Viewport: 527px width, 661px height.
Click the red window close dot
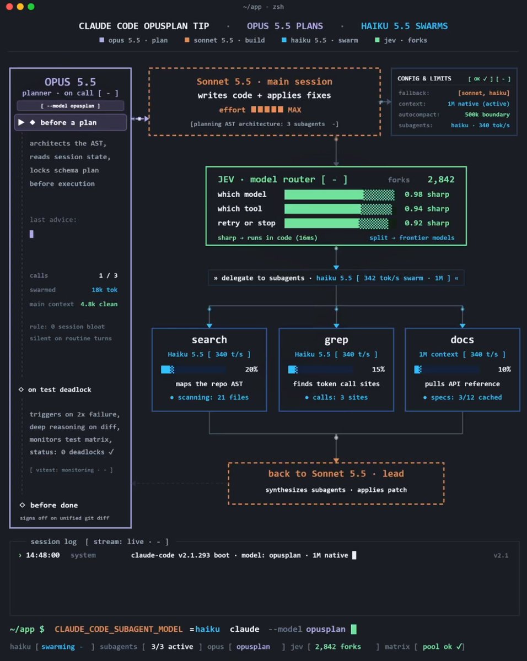9,7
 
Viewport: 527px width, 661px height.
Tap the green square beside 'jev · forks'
377,40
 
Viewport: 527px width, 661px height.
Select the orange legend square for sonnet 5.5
187,40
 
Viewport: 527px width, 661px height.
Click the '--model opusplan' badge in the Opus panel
71,106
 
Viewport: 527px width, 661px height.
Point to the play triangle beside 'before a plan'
21,122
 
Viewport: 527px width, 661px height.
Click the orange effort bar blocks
267,110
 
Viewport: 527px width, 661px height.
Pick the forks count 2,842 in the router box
440,180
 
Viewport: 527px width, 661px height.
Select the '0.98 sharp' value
427,194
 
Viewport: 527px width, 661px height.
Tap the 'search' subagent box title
209,340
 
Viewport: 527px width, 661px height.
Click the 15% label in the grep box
378,369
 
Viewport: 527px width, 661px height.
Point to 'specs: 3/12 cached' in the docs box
466,398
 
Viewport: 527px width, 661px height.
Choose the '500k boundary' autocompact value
487,115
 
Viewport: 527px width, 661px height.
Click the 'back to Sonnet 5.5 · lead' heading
336,474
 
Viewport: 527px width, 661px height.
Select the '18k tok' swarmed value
105,290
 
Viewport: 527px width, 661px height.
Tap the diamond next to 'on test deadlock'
21,389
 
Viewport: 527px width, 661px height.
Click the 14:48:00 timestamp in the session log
43,555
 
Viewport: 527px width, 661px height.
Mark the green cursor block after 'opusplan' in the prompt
353,629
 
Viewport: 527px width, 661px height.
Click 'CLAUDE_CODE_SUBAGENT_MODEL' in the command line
119,630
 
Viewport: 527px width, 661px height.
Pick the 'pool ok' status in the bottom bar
437,647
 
